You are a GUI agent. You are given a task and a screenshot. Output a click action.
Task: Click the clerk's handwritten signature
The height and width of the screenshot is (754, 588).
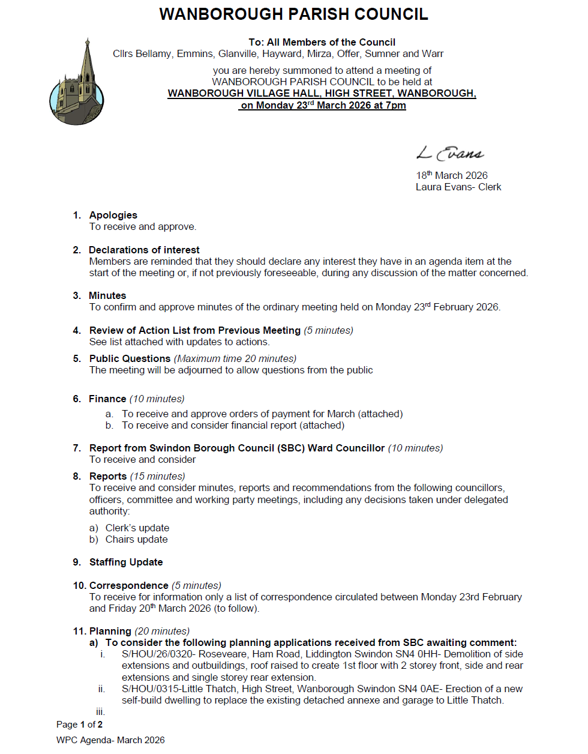[x=450, y=153]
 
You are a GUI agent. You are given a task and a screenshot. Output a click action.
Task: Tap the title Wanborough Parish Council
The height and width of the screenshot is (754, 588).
[x=293, y=14]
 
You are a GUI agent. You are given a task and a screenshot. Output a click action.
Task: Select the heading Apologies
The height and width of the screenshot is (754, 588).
[x=113, y=215]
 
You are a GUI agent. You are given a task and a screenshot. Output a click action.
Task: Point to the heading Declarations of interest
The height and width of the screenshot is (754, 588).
[x=144, y=250]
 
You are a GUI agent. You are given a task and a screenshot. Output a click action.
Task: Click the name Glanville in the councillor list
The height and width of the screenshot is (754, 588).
[x=238, y=54]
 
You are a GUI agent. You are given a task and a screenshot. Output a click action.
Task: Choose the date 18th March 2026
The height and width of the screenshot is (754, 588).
[x=452, y=175]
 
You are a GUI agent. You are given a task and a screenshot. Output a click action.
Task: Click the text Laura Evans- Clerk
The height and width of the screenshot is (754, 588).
[x=458, y=187]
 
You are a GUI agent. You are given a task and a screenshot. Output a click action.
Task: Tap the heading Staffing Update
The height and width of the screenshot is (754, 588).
[x=126, y=562]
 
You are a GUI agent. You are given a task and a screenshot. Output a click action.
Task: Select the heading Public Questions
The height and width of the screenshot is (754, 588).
[x=130, y=358]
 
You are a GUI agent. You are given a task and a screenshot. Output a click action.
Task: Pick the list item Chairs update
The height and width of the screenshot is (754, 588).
[x=137, y=539]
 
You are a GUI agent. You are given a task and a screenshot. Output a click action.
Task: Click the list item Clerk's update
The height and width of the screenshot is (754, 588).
[x=137, y=528]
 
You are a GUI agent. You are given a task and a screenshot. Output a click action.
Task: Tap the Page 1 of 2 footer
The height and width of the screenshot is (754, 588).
[x=79, y=725]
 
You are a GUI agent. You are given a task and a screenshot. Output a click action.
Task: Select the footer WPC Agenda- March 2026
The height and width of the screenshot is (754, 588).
[x=110, y=740]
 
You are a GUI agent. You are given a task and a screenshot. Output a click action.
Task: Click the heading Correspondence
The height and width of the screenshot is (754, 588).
[x=128, y=585]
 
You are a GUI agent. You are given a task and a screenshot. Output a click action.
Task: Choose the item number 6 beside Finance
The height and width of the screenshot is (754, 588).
[x=76, y=399]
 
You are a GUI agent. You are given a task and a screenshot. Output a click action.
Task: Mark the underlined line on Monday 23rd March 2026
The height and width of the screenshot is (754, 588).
[x=323, y=106]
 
